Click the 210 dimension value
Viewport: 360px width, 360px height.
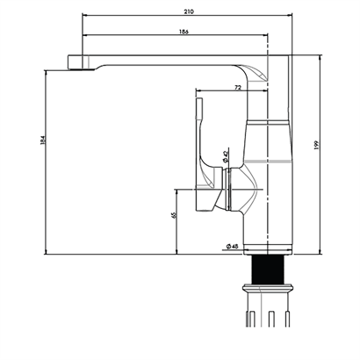point(189,11)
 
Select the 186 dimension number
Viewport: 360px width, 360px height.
point(184,32)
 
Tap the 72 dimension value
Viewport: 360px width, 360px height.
point(238,87)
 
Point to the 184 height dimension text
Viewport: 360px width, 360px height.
point(43,140)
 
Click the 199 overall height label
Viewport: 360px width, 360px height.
point(315,145)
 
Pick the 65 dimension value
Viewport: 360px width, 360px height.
point(175,215)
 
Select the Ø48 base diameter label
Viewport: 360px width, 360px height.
point(232,246)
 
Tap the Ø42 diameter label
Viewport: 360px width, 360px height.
point(226,156)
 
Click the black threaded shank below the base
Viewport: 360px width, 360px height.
point(268,270)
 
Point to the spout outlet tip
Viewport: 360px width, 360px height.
point(82,69)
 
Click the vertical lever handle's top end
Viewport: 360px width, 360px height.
point(199,99)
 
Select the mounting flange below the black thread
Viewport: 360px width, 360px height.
point(268,288)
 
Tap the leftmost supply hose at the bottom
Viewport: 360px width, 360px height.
point(251,319)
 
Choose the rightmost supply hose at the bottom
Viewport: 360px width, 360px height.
point(288,319)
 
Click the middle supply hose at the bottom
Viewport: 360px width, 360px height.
point(271,319)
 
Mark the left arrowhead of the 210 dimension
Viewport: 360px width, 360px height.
point(85,15)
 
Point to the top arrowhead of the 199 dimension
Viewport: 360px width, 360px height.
point(320,57)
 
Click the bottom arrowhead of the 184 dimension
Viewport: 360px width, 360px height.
point(46,252)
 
